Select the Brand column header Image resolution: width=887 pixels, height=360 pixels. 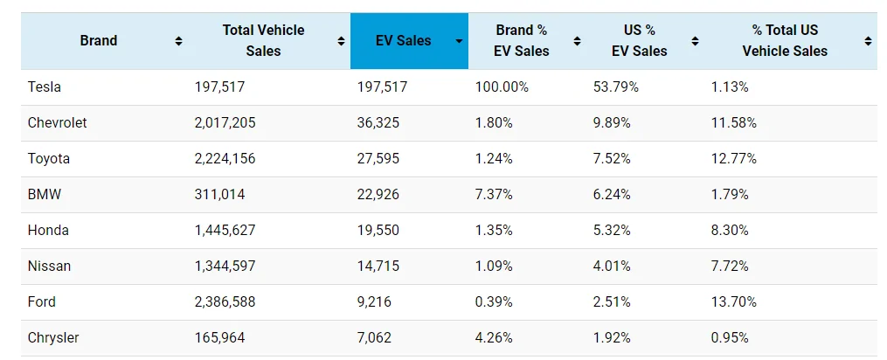(99, 41)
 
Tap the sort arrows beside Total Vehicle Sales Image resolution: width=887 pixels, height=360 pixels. (341, 41)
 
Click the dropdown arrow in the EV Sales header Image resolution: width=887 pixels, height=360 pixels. (460, 41)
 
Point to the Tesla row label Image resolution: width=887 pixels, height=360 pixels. (44, 87)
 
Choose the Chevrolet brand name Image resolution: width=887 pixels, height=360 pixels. (57, 123)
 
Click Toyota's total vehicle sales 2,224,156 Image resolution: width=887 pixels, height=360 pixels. (225, 158)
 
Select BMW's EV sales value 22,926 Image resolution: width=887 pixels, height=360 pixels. (378, 194)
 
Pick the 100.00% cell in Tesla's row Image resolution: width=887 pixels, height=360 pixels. (502, 87)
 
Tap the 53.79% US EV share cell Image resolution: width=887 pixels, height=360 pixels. (616, 87)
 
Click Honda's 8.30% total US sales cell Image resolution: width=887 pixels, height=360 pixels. (730, 230)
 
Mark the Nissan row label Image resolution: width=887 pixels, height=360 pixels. (49, 266)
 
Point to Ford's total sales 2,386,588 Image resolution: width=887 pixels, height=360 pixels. (225, 301)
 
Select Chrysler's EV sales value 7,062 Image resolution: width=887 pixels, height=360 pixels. (374, 337)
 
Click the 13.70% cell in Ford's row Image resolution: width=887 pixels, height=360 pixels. (734, 301)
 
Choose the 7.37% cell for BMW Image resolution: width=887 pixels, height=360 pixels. (494, 194)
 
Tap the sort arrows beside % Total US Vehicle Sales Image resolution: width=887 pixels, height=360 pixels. (868, 41)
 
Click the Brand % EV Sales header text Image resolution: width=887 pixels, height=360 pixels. (522, 41)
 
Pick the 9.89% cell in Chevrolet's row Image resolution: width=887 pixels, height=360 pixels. (612, 123)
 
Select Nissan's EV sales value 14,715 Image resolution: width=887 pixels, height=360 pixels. (378, 266)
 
